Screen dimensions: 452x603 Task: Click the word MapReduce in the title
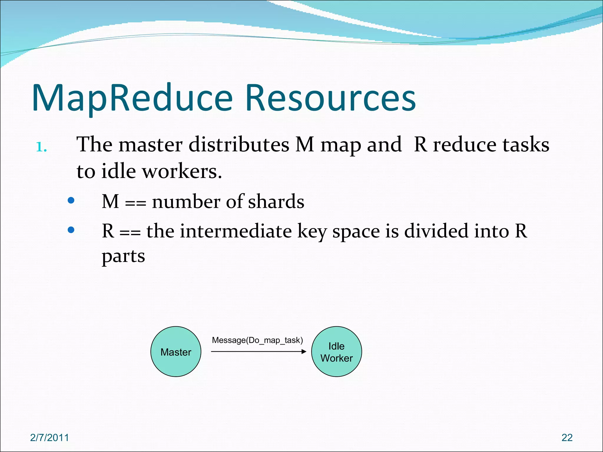click(x=132, y=99)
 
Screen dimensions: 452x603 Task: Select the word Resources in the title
click(x=330, y=99)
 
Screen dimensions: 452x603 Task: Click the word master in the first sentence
click(x=150, y=145)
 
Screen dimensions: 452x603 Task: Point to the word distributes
click(x=239, y=145)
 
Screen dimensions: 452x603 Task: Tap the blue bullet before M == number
click(x=71, y=200)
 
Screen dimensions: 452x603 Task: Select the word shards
click(x=276, y=202)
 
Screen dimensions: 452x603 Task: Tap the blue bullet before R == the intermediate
click(x=71, y=230)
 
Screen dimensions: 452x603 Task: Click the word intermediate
click(x=236, y=231)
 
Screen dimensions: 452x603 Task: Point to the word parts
click(x=123, y=256)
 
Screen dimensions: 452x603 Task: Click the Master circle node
click(x=176, y=352)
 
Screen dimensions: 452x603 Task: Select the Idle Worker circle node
click(x=337, y=352)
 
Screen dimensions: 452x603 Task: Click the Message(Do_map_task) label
click(x=257, y=340)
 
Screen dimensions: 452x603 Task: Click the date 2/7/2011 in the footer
click(x=49, y=438)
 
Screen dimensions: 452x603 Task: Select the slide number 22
click(x=567, y=438)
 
